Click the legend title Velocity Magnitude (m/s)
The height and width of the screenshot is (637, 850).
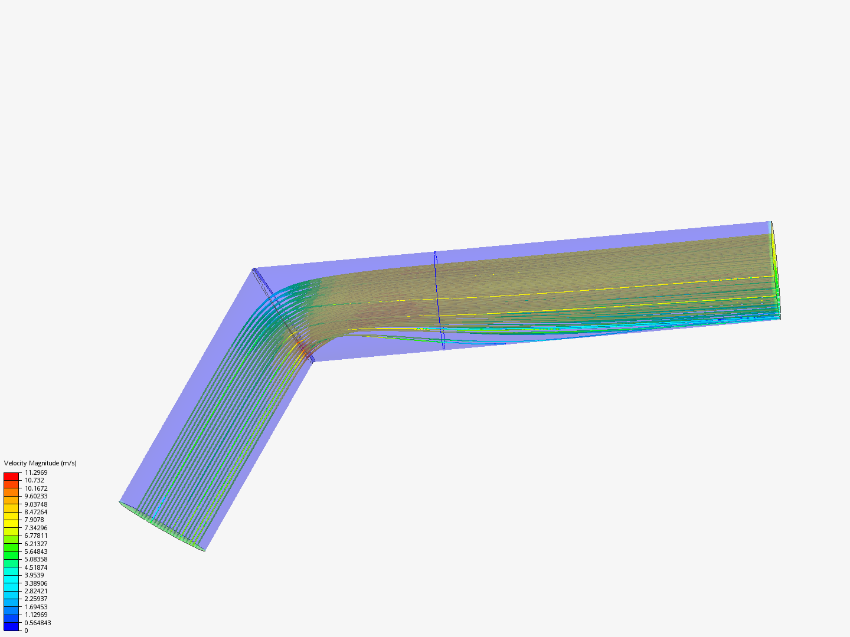40,463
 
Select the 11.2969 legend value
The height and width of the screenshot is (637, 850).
36,472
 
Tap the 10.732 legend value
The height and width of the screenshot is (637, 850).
34,480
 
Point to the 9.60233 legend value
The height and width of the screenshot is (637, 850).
36,496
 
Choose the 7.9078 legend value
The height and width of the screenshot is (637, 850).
34,520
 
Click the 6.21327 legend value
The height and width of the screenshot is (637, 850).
36,543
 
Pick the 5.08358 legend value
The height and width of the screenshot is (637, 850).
36,559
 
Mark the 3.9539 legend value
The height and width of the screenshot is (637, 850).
34,574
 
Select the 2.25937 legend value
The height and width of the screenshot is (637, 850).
36,598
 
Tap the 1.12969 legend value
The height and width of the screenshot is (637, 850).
36,614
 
